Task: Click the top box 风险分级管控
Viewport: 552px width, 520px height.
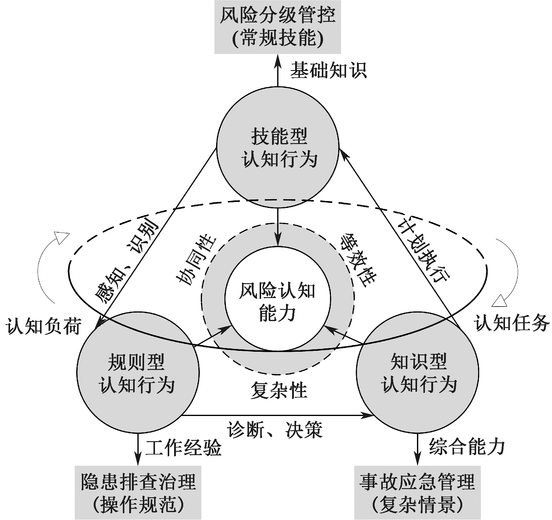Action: coord(278,27)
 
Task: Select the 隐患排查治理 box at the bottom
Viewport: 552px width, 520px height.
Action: coord(138,492)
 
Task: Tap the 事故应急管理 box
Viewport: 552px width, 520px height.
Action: coord(417,492)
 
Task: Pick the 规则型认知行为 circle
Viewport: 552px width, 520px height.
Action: coord(138,373)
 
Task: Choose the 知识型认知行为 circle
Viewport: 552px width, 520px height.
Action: coord(417,373)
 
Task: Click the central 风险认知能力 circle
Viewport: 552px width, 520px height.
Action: coord(278,299)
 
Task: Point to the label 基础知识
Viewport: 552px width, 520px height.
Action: coord(328,71)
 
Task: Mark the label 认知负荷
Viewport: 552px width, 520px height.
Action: coord(44,327)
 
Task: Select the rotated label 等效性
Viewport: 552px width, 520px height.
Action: coord(358,260)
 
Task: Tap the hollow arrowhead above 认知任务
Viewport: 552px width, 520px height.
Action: coord(500,300)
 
